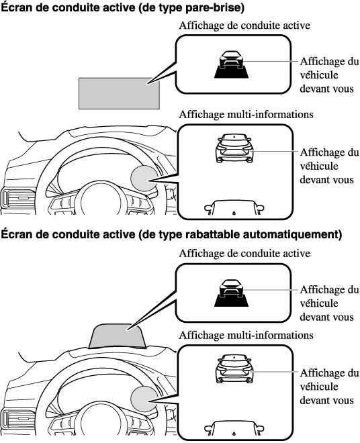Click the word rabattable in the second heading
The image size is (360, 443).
(x=208, y=234)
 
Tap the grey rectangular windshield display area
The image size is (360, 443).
(x=119, y=93)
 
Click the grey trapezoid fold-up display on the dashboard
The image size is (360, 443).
(x=117, y=336)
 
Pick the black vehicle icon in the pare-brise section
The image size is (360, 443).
(x=231, y=64)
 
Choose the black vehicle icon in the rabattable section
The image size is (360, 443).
(x=231, y=293)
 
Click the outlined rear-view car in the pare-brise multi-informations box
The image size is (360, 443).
(x=234, y=148)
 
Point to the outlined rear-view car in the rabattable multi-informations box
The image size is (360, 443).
(x=234, y=368)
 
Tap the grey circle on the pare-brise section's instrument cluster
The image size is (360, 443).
(x=144, y=178)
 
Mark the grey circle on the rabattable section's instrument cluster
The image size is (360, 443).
(x=144, y=399)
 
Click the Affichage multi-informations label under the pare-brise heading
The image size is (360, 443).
(x=246, y=114)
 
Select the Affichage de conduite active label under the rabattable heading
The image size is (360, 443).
(x=244, y=254)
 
